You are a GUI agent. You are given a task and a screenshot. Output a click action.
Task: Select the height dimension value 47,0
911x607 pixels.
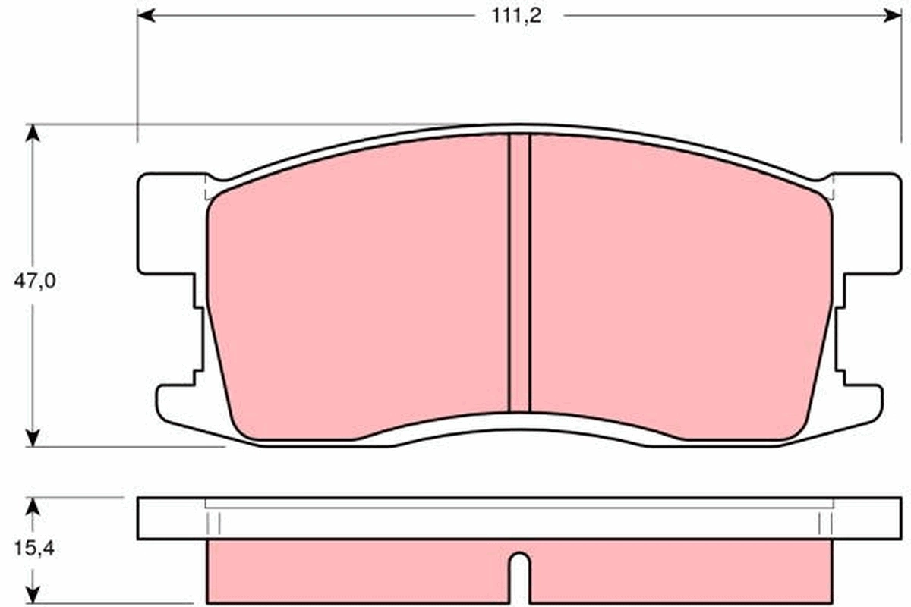point(35,281)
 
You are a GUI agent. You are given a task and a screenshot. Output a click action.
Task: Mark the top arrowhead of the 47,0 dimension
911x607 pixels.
point(32,133)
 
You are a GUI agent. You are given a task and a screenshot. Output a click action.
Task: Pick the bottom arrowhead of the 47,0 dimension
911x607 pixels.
point(32,438)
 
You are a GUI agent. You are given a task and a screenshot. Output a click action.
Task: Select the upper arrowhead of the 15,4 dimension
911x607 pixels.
point(32,505)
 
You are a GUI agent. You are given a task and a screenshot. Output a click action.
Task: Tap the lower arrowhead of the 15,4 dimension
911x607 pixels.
point(32,595)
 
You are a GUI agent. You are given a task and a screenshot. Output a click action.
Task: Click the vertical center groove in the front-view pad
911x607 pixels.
point(519,273)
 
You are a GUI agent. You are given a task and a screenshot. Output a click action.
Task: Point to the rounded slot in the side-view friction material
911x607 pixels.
point(519,577)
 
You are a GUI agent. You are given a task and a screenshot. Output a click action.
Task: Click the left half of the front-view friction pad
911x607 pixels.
point(357,288)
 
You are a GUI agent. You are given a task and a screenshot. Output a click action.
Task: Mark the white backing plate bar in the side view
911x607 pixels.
point(519,519)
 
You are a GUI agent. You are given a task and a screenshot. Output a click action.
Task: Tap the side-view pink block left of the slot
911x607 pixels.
point(357,572)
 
